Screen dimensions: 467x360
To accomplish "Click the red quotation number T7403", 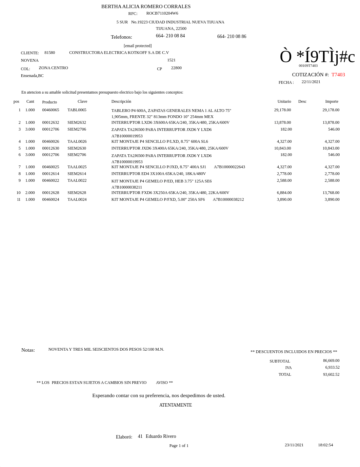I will pyautogui.click(x=338, y=75).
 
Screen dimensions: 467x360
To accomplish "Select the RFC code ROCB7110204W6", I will pyautogui.click(x=162, y=13).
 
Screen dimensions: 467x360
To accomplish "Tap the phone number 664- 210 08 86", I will pyautogui.click(x=232, y=36).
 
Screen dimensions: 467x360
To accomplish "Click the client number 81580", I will pyautogui.click(x=49, y=53).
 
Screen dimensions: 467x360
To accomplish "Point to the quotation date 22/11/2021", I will pyautogui.click(x=311, y=82).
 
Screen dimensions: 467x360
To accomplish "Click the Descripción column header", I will pyautogui.click(x=121, y=101).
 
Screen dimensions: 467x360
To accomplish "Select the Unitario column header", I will pyautogui.click(x=284, y=101).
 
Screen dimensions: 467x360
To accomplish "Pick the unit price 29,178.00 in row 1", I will pyautogui.click(x=282, y=110).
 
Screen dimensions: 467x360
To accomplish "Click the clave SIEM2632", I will pyautogui.click(x=77, y=122).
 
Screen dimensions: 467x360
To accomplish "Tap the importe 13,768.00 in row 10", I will pyautogui.click(x=331, y=193).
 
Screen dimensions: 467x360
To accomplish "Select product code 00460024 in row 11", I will pyautogui.click(x=51, y=199).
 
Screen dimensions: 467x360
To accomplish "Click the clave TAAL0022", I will pyautogui.click(x=77, y=180).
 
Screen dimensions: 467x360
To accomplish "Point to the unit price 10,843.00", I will pyautogui.click(x=282, y=148).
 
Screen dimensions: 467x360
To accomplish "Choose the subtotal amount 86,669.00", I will pyautogui.click(x=331, y=361).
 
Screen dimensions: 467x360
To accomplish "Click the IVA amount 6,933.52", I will pyautogui.click(x=332, y=367).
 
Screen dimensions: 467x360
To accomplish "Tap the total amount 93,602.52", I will pyautogui.click(x=331, y=374).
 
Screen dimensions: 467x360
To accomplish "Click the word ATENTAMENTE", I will pyautogui.click(x=175, y=405).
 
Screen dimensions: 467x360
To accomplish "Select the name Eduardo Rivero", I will pyautogui.click(x=161, y=436).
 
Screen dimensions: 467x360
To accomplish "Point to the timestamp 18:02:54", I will pyautogui.click(x=325, y=445).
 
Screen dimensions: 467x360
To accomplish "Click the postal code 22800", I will pyautogui.click(x=176, y=68).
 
